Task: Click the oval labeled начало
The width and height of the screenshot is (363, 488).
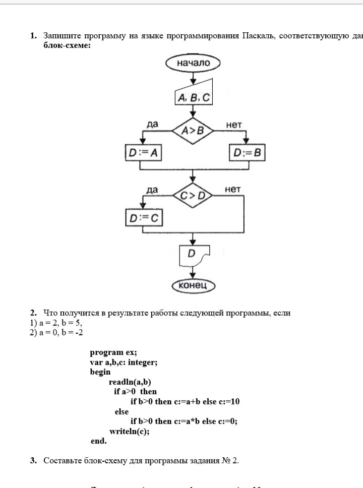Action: point(193,63)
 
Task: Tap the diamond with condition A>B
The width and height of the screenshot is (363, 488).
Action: point(193,131)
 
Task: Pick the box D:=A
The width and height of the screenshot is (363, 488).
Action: point(144,153)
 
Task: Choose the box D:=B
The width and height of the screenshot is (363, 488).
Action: point(247,153)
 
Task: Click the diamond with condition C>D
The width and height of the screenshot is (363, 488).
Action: point(193,196)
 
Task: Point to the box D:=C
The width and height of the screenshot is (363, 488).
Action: point(143,218)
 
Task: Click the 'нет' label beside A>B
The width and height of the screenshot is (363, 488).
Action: point(234,124)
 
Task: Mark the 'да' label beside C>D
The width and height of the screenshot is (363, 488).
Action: point(151,190)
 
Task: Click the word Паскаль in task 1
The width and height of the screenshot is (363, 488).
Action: point(258,36)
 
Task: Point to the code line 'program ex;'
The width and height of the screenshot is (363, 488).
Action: point(113,352)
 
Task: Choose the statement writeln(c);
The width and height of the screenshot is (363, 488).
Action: point(130,431)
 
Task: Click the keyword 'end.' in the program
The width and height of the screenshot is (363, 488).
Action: point(99,441)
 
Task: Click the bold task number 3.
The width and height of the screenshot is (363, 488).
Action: point(33,460)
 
